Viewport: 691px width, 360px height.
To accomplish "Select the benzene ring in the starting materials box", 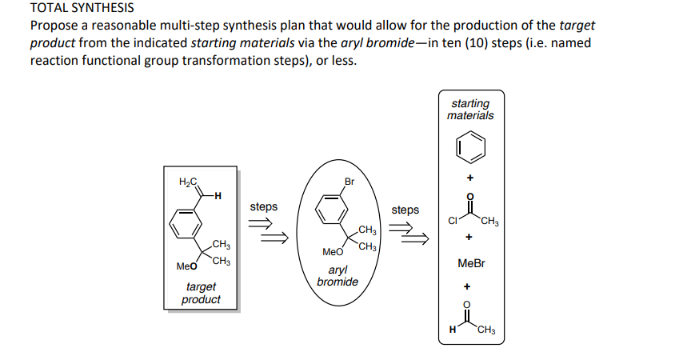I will pos(470,147).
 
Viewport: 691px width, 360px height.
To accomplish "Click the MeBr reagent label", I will pos(471,262).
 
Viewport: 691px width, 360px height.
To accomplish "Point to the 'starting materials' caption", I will pos(470,109).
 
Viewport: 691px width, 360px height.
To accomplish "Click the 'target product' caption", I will pos(201,293).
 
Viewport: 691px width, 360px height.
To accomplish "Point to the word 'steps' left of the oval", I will pos(263,206).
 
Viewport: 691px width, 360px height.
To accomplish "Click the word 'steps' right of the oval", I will pos(405,210).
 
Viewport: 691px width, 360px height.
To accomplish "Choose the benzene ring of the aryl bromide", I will pos(330,210).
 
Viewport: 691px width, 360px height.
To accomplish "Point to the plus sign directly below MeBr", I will pos(471,285).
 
